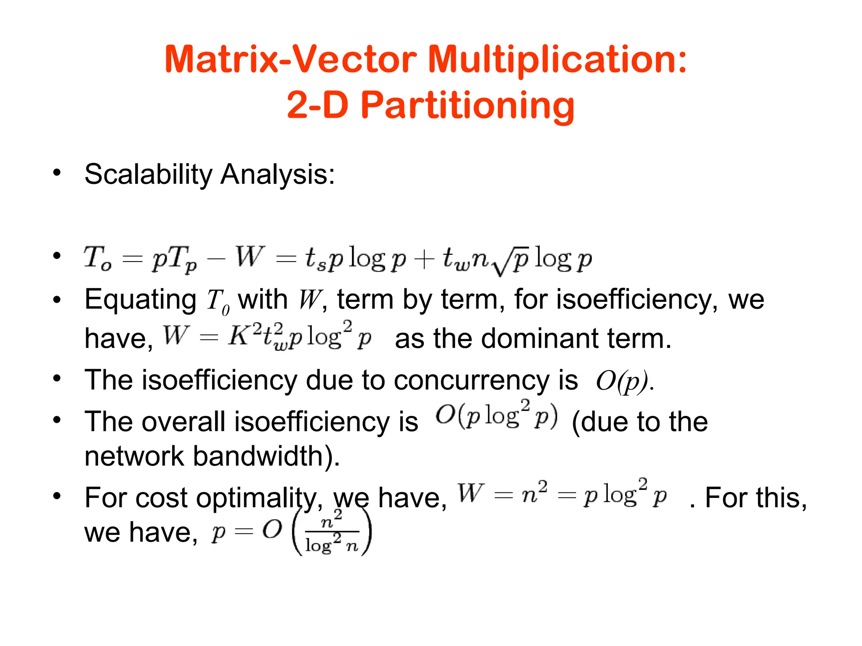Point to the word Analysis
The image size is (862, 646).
(x=278, y=174)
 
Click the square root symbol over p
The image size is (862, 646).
(x=513, y=262)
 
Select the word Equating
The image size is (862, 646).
(x=141, y=300)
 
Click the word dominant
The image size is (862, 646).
(x=540, y=338)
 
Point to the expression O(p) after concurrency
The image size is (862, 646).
(x=622, y=381)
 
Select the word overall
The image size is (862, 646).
(x=184, y=421)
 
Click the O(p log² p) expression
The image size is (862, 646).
(x=497, y=416)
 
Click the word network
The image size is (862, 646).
(x=134, y=456)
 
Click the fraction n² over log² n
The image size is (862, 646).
(x=332, y=533)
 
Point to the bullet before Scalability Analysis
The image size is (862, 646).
(x=57, y=172)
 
